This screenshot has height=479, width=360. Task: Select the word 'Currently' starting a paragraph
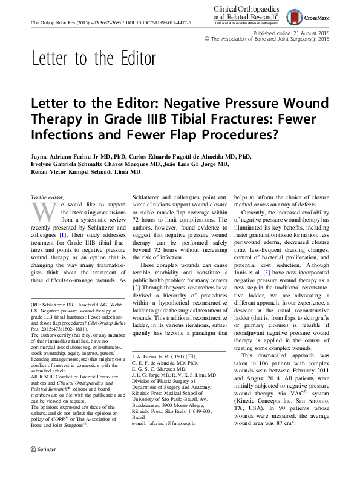255,214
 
